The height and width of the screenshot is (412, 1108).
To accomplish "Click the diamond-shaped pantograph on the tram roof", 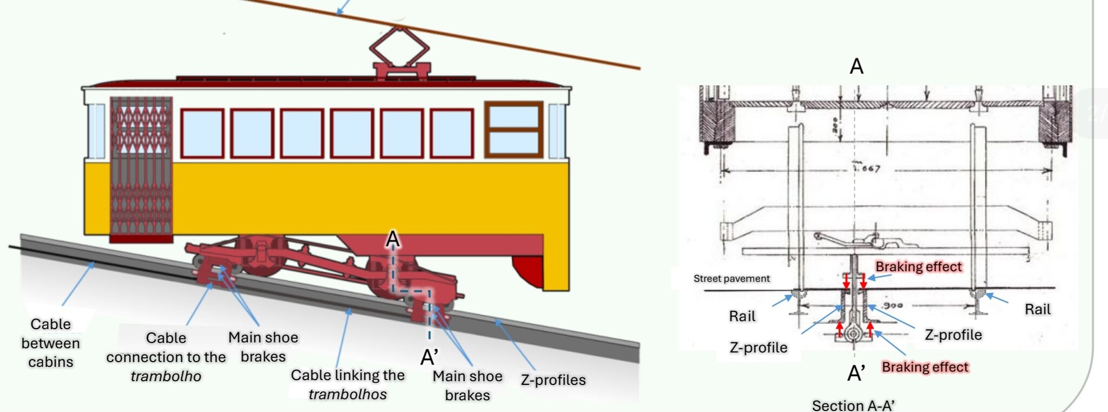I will point(400,47).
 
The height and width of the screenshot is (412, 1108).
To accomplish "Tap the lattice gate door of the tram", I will point(141,168).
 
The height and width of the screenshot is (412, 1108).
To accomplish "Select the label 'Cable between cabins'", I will point(50,343).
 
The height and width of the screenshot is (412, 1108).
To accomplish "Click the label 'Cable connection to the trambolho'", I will point(166,357).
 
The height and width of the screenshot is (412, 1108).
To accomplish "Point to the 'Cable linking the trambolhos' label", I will point(347,384).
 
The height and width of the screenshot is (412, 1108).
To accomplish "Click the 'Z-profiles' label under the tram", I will point(553,380).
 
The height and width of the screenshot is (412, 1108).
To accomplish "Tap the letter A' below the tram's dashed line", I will point(429,357).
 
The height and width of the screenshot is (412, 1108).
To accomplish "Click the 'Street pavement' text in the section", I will point(731,278).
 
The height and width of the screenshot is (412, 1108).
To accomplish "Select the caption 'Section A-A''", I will point(853,405).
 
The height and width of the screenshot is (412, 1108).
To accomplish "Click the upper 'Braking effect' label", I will point(919,266).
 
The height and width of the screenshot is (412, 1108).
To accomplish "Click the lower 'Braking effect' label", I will point(925,367).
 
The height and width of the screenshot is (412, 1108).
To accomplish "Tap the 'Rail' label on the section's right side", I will point(1037,309).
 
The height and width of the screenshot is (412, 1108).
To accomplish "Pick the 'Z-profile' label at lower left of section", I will point(758,348).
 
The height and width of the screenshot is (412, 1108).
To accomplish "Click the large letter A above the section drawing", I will point(856,67).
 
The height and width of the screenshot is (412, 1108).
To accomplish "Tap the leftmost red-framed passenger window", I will point(202,133).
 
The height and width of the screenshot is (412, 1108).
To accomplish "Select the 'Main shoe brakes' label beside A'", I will point(467,385).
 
